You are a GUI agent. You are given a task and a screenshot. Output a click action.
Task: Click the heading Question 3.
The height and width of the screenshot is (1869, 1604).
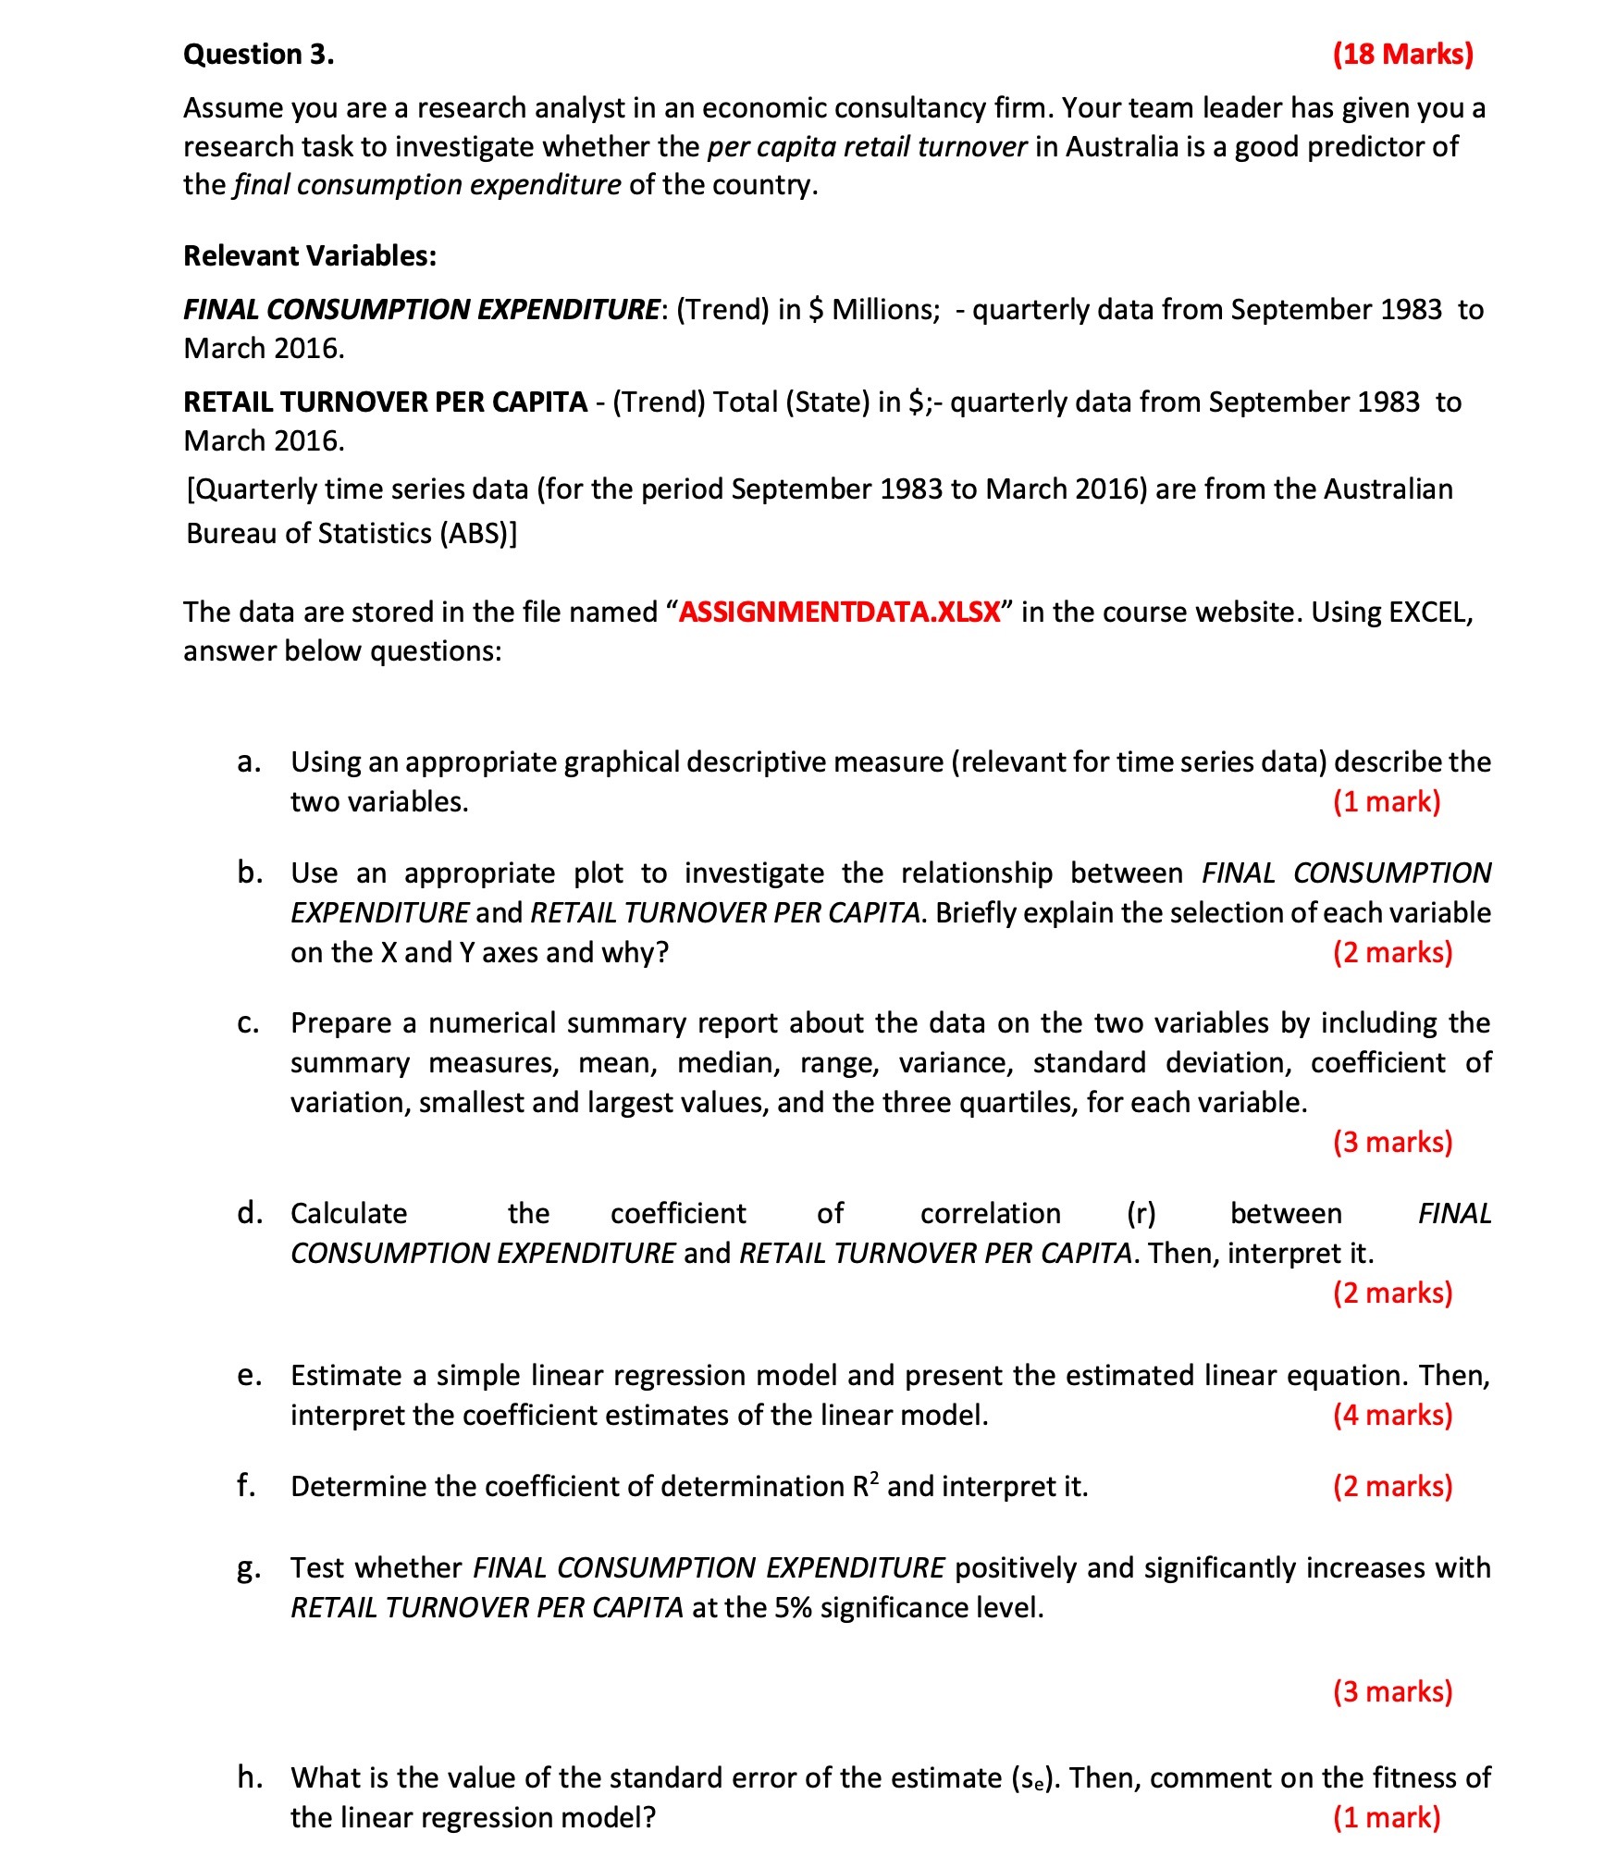pyautogui.click(x=258, y=55)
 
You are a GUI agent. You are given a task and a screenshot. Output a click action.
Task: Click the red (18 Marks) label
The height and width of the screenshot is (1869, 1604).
pyautogui.click(x=1402, y=54)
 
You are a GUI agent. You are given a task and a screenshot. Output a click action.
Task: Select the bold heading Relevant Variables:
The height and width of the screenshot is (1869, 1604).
pyautogui.click(x=309, y=255)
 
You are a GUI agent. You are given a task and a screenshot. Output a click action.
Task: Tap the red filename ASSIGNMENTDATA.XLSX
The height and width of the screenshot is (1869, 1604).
pyautogui.click(x=840, y=612)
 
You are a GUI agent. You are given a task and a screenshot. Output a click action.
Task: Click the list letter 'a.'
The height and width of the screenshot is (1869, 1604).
pyautogui.click(x=247, y=761)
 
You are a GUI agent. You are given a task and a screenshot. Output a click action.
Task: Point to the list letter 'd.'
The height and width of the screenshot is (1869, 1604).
pyautogui.click(x=248, y=1212)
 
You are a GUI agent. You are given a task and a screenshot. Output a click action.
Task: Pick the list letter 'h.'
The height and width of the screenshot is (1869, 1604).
pyautogui.click(x=249, y=1776)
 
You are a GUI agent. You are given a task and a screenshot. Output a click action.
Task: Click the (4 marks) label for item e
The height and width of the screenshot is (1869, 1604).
pyautogui.click(x=1392, y=1415)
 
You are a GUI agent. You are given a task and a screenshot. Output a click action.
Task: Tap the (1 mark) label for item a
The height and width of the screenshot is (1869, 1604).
pyautogui.click(x=1386, y=801)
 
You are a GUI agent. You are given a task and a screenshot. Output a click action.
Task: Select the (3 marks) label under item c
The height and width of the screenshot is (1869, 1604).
pyautogui.click(x=1392, y=1142)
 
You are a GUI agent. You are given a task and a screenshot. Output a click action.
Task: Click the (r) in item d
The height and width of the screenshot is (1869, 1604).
pyautogui.click(x=1141, y=1213)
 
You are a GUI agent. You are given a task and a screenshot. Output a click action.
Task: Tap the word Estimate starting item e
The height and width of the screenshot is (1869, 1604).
pyautogui.click(x=344, y=1375)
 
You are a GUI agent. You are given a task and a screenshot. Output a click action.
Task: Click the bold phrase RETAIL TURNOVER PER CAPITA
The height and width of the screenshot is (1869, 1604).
pyautogui.click(x=385, y=402)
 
